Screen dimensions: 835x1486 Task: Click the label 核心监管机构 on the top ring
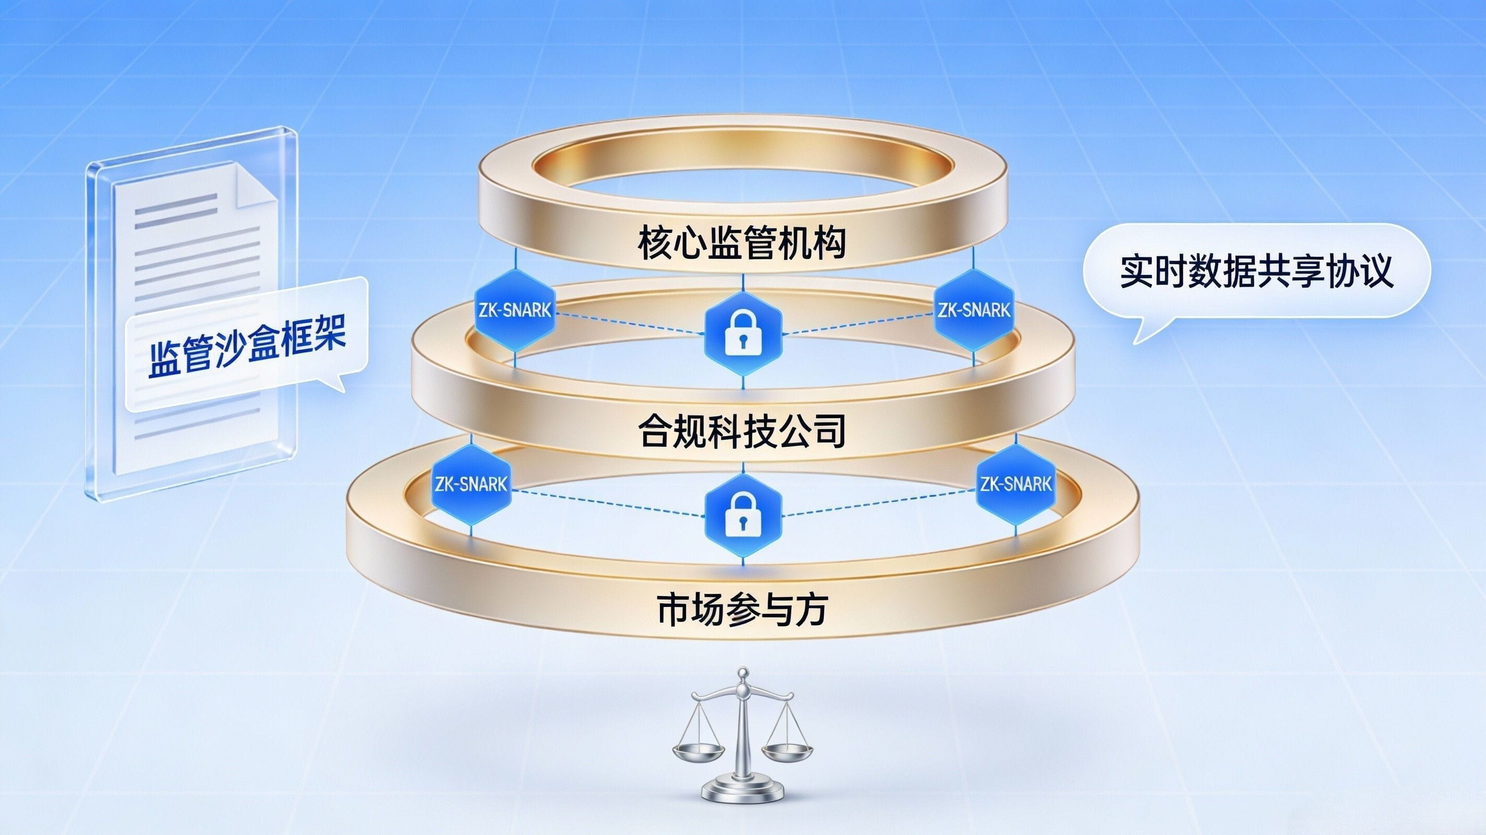pos(742,244)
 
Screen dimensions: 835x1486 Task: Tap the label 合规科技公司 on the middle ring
pos(742,432)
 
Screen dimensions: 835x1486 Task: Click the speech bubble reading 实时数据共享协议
pos(1256,271)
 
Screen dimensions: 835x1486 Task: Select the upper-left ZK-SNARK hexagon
pos(513,311)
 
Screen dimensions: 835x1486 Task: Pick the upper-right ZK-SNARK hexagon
pos(974,311)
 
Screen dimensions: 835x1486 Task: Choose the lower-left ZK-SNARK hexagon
pos(471,484)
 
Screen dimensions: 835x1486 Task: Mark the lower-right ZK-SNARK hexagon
pos(1015,484)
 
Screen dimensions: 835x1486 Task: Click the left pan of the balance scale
pos(699,751)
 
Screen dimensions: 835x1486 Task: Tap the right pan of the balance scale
pos(787,751)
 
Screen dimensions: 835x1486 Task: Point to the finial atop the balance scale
pos(744,673)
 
